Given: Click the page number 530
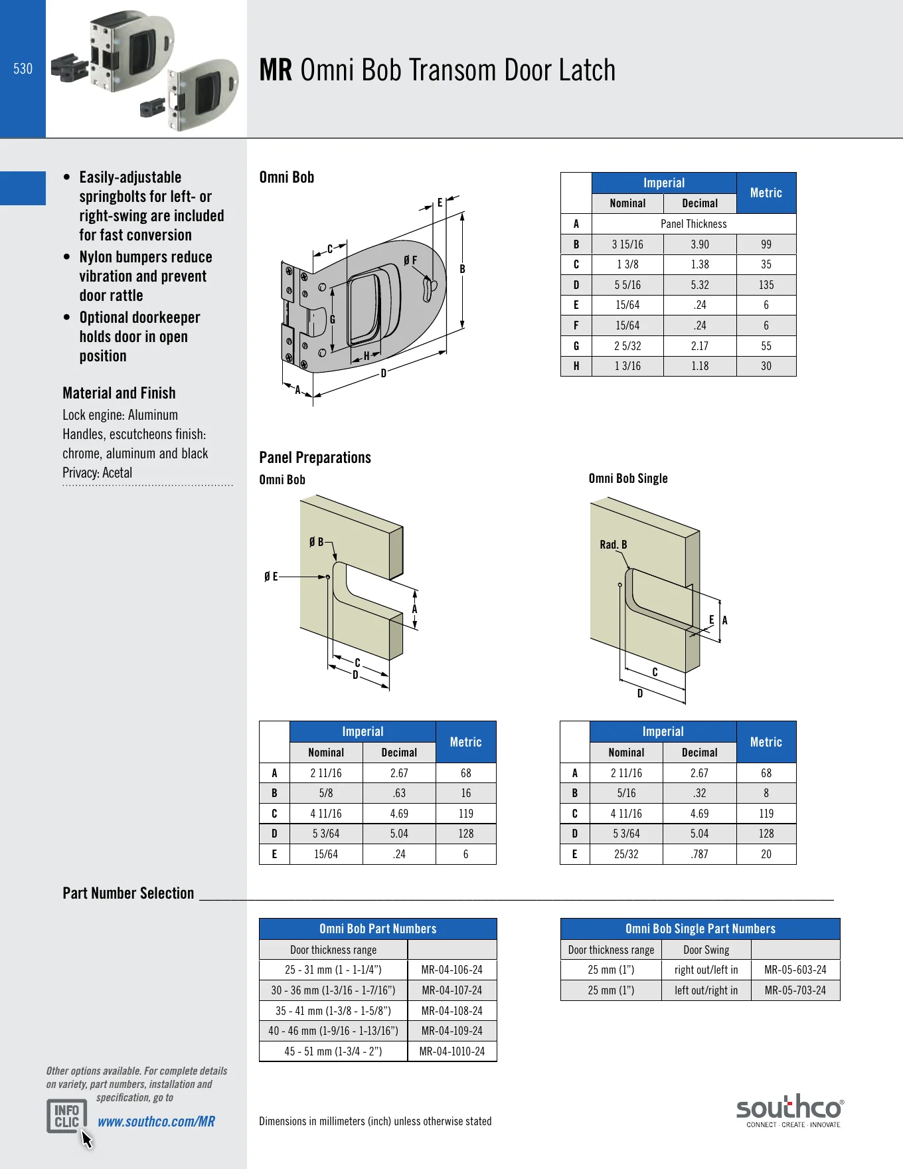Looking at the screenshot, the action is pos(23,68).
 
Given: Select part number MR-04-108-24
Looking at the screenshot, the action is pos(452,1011).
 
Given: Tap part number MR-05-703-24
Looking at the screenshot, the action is pos(795,990).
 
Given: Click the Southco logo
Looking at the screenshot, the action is pos(790,1111).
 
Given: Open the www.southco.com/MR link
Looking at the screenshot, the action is pos(157,1122).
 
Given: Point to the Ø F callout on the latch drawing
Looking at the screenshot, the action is pos(410,260).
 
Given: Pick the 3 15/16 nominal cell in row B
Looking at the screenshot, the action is pos(627,244).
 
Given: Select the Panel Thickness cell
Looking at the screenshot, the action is pos(694,224).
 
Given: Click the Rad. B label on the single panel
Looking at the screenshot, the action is pos(614,545).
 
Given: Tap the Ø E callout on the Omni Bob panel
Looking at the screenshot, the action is pos(271,577).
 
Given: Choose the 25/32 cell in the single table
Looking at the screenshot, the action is pos(626,854).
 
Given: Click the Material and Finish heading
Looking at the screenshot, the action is pos(119,393).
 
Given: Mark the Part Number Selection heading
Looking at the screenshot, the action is pos(128,893).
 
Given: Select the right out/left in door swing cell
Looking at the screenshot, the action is pos(706,970).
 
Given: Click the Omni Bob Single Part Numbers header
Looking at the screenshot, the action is pos(700,929).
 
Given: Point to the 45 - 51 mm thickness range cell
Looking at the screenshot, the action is pos(333,1051).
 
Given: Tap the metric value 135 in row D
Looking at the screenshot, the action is pos(766,285).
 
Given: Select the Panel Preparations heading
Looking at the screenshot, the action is pos(315,458).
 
